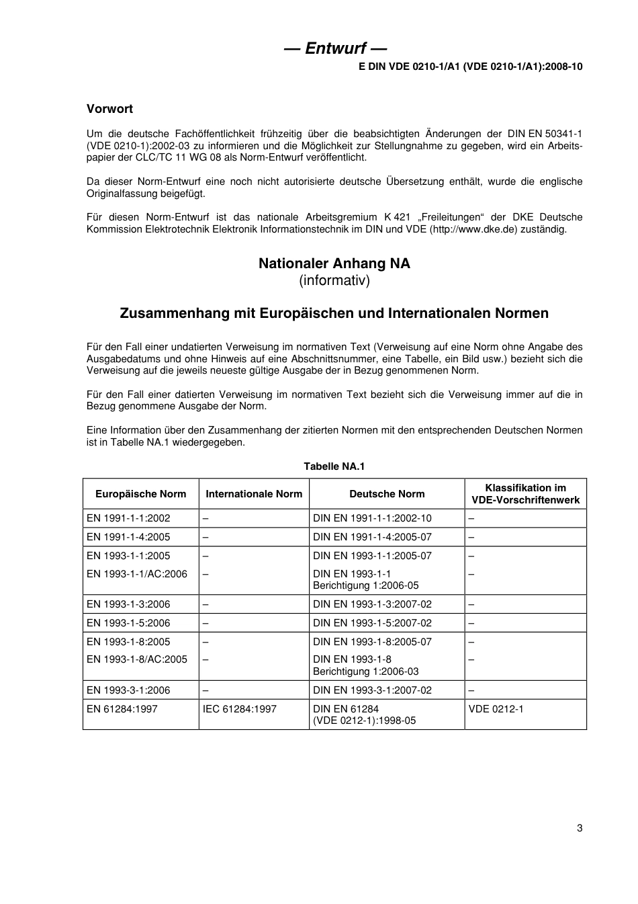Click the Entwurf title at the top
pyautogui.click(x=334, y=48)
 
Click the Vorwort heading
pyautogui.click(x=109, y=109)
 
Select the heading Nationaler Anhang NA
pyautogui.click(x=334, y=263)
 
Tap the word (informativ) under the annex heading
pyautogui.click(x=334, y=280)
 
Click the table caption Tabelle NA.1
pyautogui.click(x=334, y=466)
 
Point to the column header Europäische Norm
pyautogui.click(x=140, y=494)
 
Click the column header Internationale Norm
pyautogui.click(x=254, y=494)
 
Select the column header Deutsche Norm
pyautogui.click(x=387, y=494)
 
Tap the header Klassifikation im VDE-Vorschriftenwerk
pyautogui.click(x=525, y=494)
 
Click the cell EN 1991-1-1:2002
pyautogui.click(x=128, y=518)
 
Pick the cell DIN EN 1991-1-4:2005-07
pyautogui.click(x=372, y=537)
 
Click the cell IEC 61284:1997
pyautogui.click(x=240, y=709)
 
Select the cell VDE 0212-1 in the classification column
pyautogui.click(x=496, y=709)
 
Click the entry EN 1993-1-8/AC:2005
pyautogui.click(x=137, y=659)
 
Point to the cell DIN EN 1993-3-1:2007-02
pyautogui.click(x=372, y=690)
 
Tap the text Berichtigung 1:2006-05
pyautogui.click(x=365, y=585)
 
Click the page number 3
pyautogui.click(x=579, y=827)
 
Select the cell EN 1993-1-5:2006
pyautogui.click(x=128, y=623)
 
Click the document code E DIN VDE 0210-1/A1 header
pyautogui.click(x=470, y=67)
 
